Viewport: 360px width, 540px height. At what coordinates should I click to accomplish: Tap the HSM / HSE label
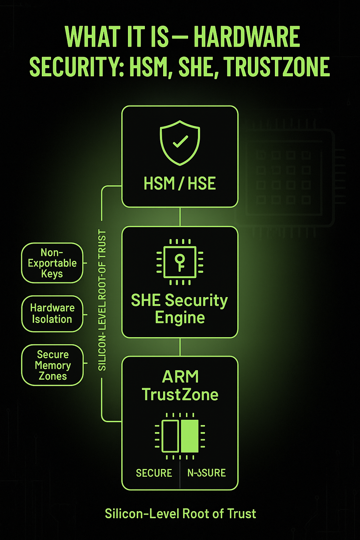180,184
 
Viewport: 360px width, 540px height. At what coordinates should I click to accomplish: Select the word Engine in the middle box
180,318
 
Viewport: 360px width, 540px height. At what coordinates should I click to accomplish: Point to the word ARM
180,377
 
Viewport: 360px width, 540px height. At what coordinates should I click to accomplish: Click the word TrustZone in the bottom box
180,395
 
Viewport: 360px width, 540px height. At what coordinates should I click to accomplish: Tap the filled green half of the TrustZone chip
190,436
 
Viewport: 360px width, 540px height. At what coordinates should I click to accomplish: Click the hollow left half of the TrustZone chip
170,436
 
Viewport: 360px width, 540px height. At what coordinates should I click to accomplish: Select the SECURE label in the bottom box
154,473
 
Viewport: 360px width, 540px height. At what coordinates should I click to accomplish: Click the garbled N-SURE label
206,473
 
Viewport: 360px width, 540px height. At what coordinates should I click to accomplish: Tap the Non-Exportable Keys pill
52,263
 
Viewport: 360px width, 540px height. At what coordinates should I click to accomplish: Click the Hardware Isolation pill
52,314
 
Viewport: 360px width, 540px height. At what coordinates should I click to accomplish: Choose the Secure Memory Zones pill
52,365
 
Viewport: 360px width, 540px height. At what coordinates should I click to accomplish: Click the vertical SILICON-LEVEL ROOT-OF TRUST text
102,300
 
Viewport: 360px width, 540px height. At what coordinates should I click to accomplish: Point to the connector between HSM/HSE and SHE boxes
180,217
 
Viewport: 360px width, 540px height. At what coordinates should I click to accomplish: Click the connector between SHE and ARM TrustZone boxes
180,347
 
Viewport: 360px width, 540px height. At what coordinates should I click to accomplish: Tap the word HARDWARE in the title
247,37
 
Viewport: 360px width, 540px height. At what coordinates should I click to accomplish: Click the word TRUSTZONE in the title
277,67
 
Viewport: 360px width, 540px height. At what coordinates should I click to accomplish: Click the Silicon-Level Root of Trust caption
180,514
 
